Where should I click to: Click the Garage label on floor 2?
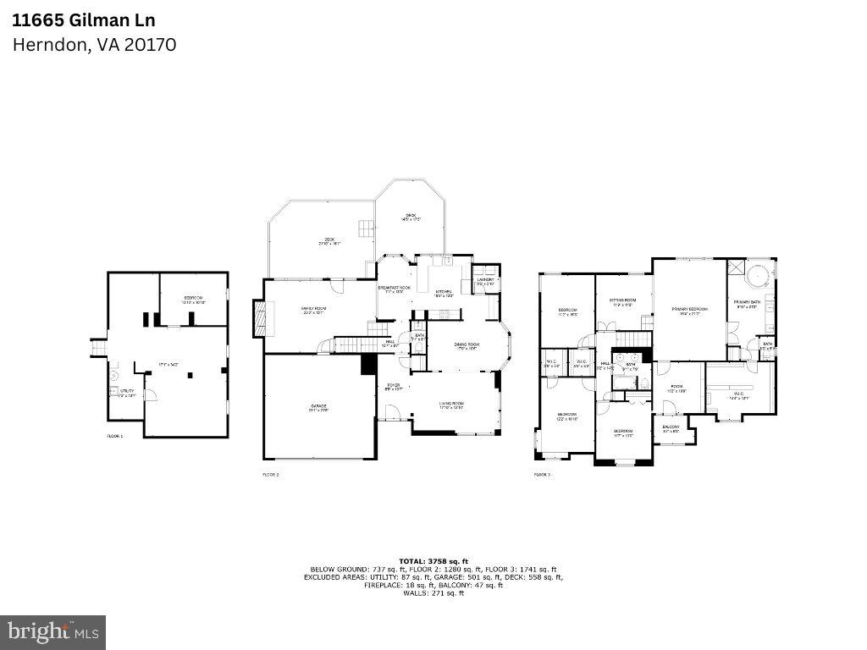(x=318, y=408)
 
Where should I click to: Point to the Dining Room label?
(x=466, y=345)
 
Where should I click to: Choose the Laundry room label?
(x=485, y=281)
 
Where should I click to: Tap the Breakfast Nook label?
(x=394, y=289)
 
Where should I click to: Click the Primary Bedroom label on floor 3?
(x=689, y=311)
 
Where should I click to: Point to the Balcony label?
(x=671, y=428)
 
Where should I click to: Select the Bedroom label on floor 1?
(x=193, y=300)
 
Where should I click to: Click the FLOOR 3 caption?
(x=542, y=475)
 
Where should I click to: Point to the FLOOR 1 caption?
(x=114, y=436)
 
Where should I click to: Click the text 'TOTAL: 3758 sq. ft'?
(x=433, y=561)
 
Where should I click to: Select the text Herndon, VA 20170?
(x=94, y=45)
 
